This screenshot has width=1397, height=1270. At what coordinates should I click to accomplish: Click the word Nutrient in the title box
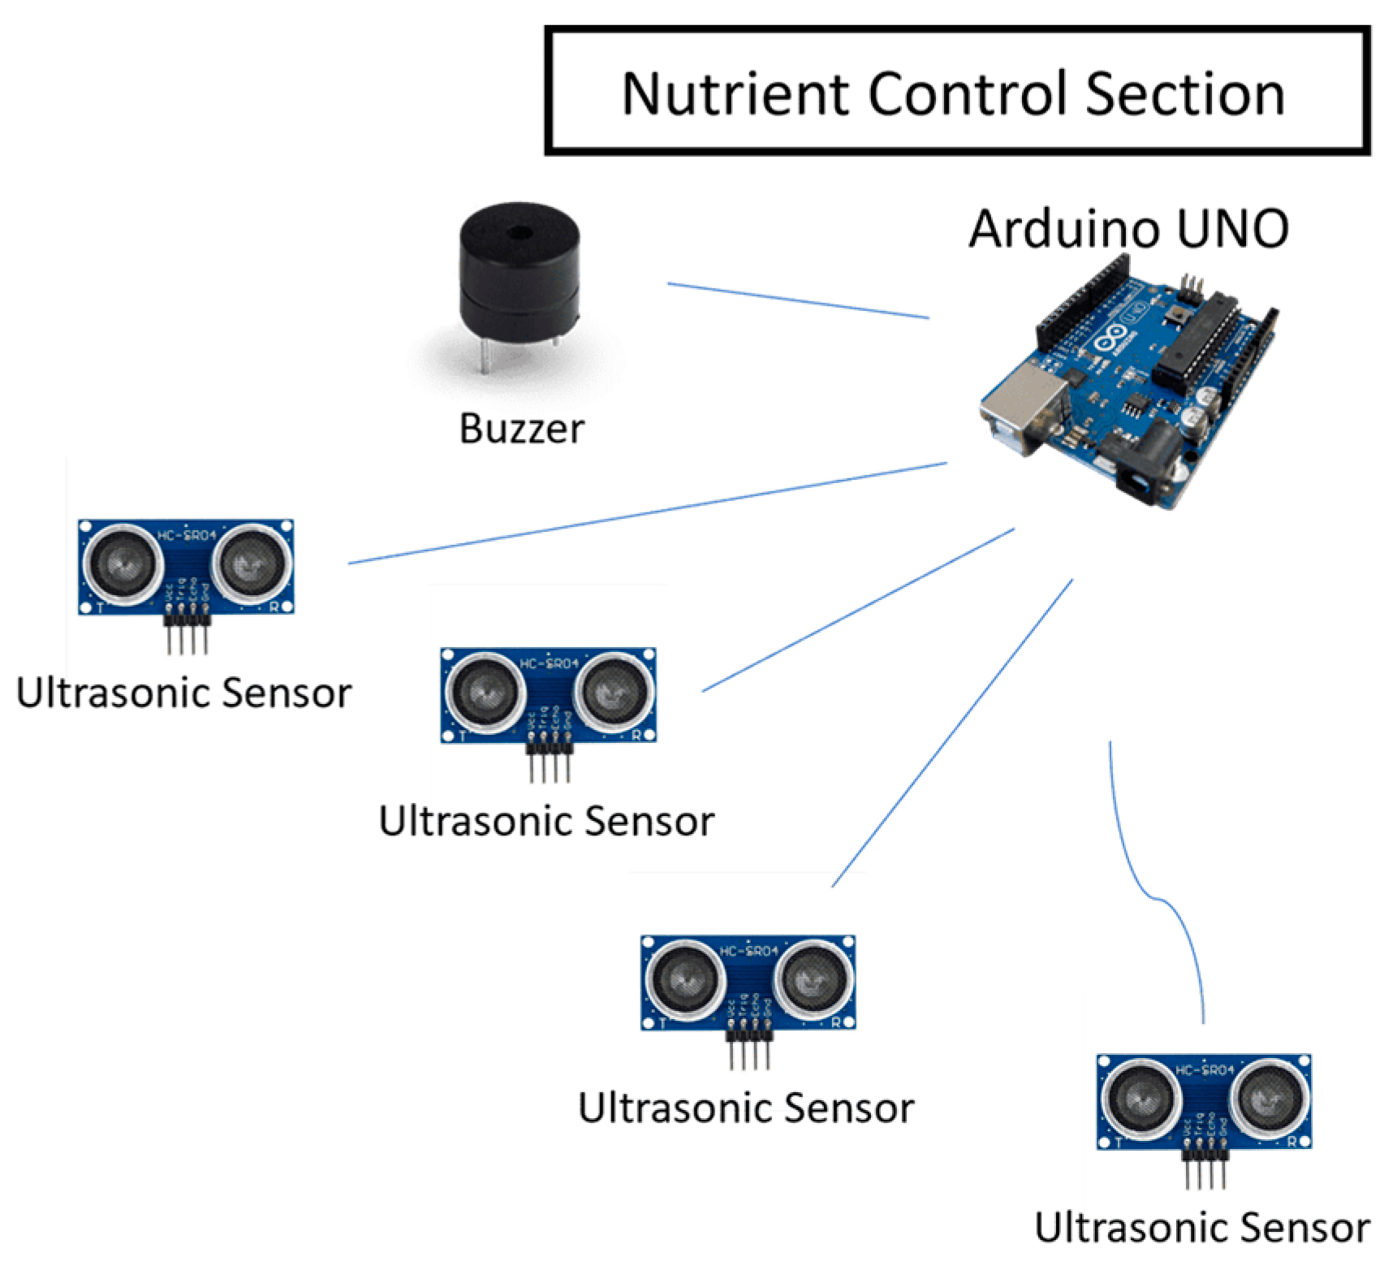[x=735, y=94]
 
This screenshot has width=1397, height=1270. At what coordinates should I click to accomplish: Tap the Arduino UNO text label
[x=1128, y=229]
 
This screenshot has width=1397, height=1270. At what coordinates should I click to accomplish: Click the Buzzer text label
[x=521, y=429]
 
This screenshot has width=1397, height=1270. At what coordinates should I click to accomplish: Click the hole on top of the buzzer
[x=519, y=234]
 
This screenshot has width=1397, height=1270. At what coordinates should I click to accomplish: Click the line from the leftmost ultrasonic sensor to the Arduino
[x=649, y=513]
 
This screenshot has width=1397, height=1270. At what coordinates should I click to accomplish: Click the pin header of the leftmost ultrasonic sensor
[x=187, y=633]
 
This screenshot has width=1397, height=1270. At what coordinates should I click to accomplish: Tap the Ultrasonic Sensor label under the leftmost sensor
[x=183, y=693]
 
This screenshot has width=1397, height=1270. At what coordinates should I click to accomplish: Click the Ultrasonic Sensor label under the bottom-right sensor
[x=1201, y=1228]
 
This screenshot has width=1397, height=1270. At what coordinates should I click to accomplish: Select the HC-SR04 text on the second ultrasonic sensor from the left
[x=550, y=663]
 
